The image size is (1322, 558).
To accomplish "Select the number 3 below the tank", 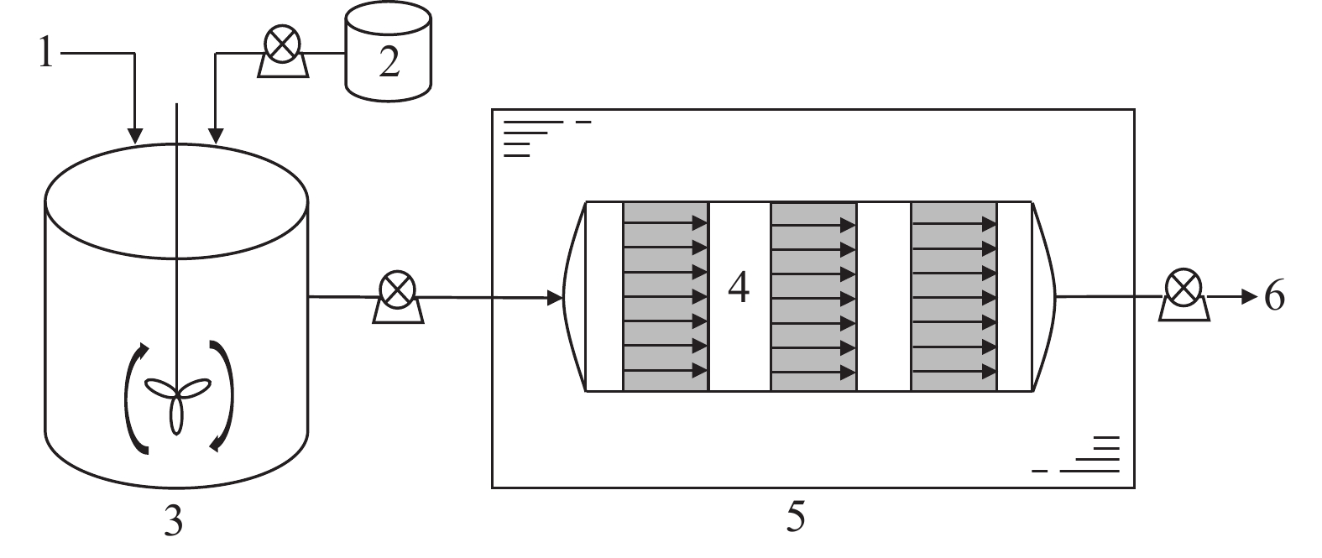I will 174,523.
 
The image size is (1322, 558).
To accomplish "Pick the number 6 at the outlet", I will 1274,296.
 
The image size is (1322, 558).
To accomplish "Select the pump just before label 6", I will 1184,296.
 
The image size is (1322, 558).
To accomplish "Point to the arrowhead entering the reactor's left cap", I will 555,297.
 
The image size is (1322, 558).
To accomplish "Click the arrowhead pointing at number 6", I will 1250,296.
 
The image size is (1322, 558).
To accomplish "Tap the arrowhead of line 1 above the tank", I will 134,135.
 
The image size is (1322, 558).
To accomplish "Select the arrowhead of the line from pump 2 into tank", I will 216,135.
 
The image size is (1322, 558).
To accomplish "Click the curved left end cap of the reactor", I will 574,296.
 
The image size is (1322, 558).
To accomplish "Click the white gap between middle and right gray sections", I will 883,296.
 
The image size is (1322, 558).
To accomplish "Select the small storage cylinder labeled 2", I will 389,53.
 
